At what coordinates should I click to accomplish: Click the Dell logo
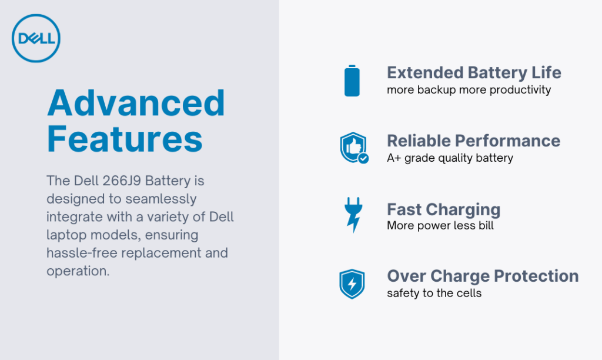(36, 39)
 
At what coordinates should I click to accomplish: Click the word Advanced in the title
(136, 104)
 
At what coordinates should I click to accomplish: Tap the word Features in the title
(125, 139)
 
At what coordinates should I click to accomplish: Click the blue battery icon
(352, 81)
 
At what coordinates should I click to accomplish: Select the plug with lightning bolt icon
(353, 215)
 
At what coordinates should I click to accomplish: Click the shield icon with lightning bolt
(352, 284)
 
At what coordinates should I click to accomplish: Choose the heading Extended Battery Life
(474, 73)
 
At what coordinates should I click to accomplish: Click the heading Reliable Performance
(473, 141)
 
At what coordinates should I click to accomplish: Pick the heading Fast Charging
(443, 209)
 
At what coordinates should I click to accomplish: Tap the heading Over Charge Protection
(483, 276)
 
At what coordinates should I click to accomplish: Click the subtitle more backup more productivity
(469, 90)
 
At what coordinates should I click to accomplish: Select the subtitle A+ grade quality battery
(450, 158)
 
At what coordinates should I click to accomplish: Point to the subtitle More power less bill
(440, 225)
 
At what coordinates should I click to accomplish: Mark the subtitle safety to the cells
(434, 293)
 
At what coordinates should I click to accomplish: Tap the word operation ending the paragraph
(78, 272)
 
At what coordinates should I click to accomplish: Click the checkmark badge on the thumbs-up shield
(363, 158)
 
